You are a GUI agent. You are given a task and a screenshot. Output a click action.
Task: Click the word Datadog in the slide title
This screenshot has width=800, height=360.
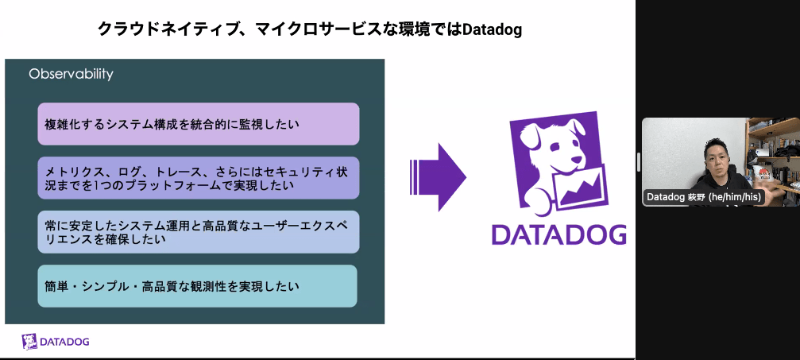click(493, 29)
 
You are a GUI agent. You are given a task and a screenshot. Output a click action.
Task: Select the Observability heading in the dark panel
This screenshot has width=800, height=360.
click(71, 75)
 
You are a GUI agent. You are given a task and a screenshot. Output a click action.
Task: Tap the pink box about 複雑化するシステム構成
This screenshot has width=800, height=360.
click(199, 124)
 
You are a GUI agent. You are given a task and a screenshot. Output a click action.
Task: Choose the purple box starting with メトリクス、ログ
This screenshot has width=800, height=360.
click(199, 178)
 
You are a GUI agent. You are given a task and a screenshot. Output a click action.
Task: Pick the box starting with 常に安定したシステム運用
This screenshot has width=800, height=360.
click(199, 231)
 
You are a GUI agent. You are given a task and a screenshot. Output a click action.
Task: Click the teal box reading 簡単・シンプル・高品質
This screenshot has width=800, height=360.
click(198, 286)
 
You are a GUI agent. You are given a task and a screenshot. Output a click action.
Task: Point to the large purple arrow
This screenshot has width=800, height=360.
click(439, 177)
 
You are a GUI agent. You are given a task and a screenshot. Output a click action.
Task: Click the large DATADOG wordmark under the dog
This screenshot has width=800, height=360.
click(559, 234)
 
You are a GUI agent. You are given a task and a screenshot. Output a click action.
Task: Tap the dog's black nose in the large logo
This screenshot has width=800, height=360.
click(577, 162)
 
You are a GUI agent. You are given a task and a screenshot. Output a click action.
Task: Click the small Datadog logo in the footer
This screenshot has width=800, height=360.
click(56, 342)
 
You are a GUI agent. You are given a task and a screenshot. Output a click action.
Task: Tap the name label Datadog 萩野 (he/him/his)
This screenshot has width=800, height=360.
click(704, 196)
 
